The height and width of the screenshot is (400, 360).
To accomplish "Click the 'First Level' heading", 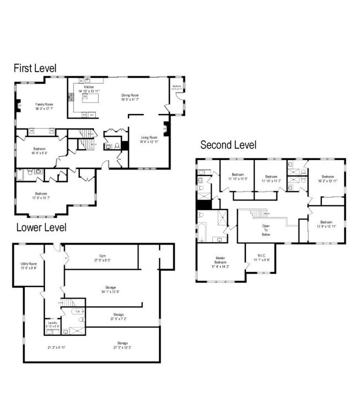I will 35,69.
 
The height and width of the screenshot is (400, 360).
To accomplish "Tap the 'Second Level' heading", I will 228,145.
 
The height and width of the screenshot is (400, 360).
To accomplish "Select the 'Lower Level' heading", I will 41,227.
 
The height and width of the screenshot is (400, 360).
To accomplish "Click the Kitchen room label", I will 89,89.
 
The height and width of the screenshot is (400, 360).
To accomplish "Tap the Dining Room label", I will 130,97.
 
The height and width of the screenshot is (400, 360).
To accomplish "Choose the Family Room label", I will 45,106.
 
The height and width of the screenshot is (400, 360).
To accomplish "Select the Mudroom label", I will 177,87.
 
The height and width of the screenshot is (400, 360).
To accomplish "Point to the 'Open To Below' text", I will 266,230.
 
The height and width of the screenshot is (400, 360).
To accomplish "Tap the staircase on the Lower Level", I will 67,304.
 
